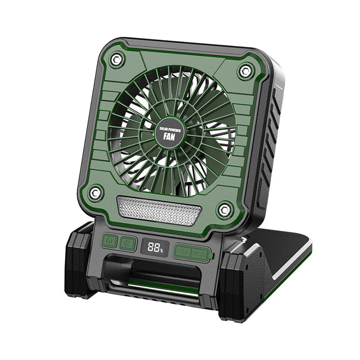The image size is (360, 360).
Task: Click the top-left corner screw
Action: tap(117, 58)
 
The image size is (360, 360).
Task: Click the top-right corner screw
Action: tap(245, 70)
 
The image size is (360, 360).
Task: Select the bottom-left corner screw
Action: tap(95, 192)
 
